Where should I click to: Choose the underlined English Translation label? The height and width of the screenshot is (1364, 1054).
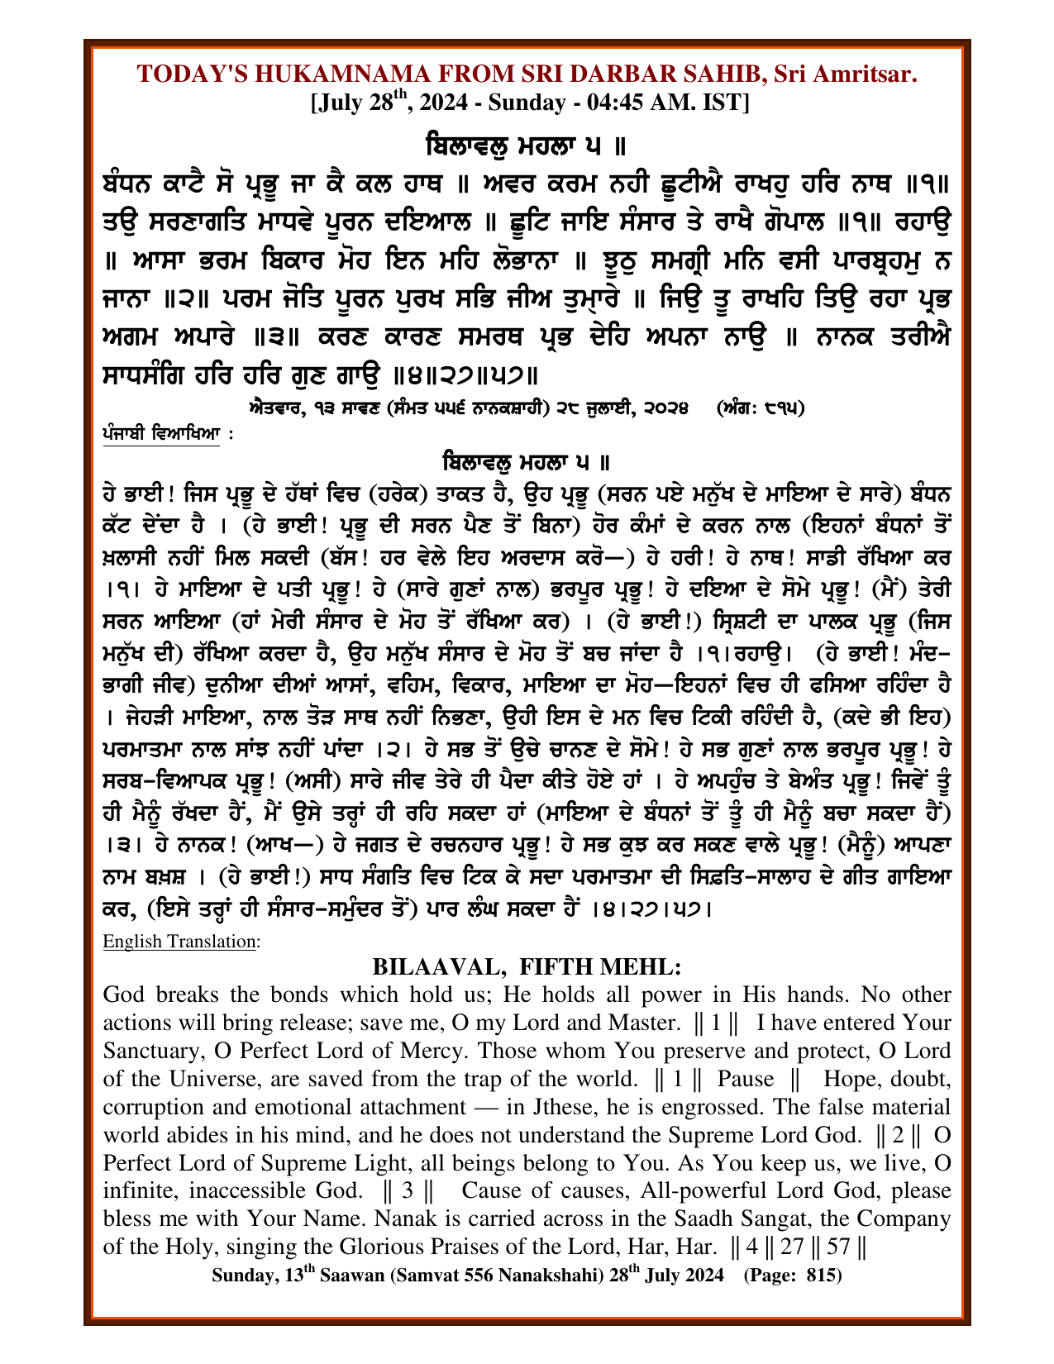point(180,942)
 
